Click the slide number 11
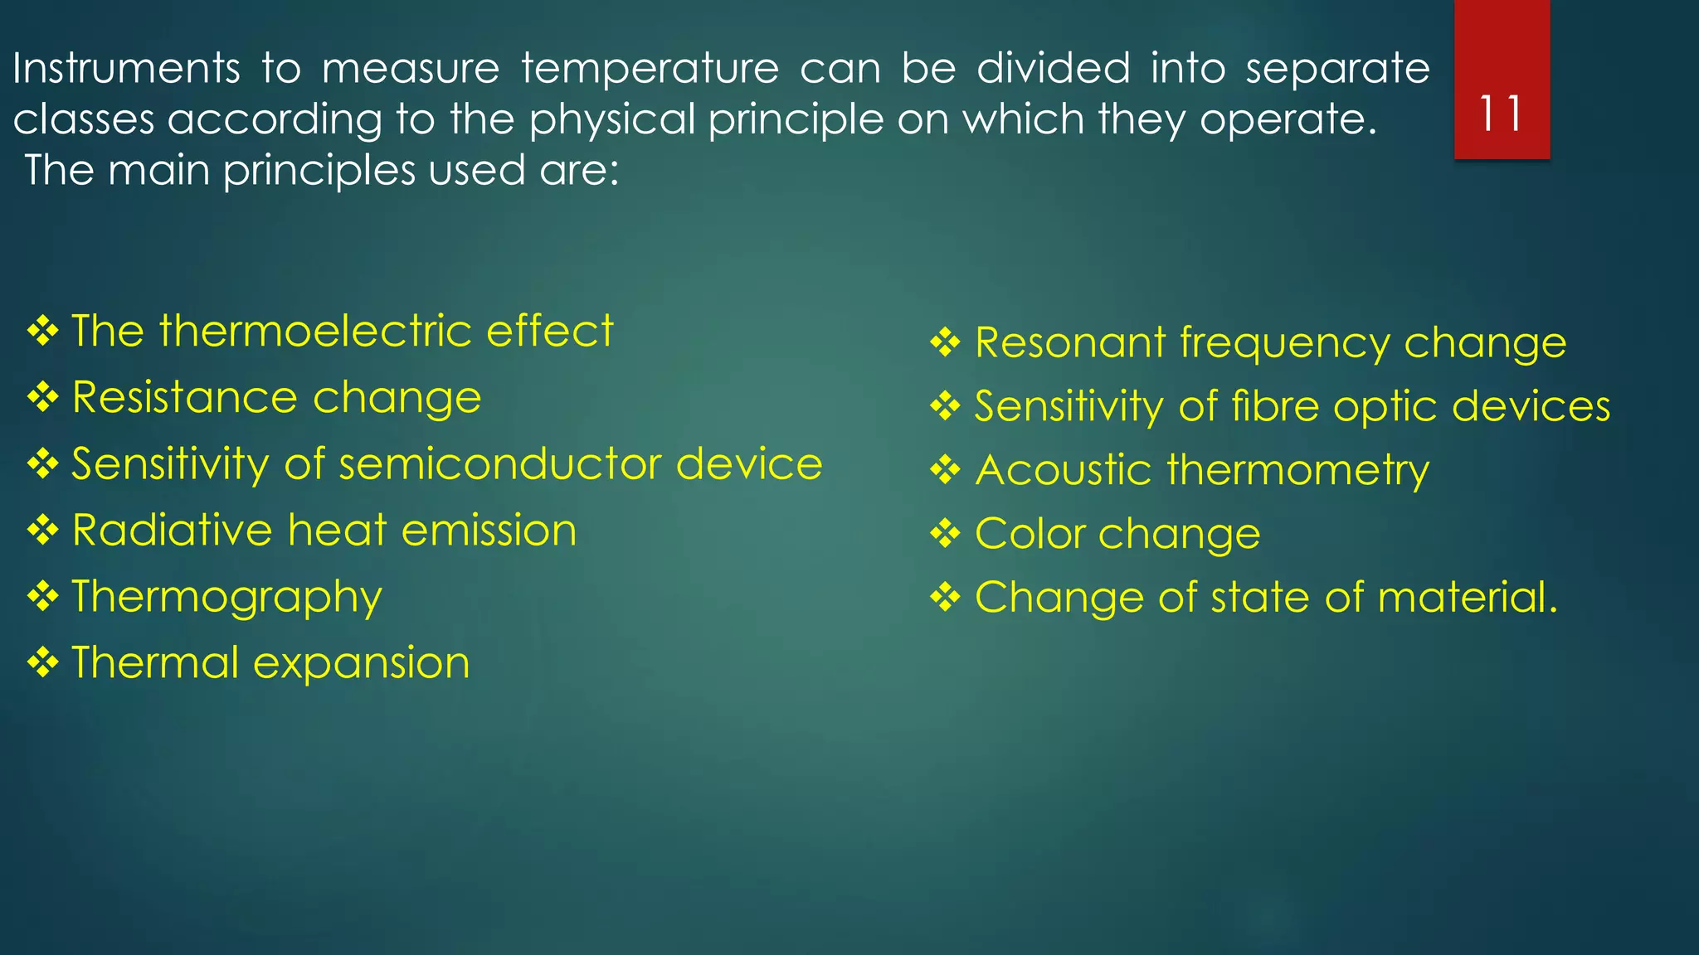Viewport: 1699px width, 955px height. click(x=1501, y=114)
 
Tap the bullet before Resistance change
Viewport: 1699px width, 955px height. click(x=42, y=398)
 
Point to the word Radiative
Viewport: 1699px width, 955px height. click(x=171, y=531)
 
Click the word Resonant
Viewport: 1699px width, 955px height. click(x=1069, y=343)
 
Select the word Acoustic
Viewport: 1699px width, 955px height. click(x=1063, y=471)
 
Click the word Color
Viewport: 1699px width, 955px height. click(x=1029, y=534)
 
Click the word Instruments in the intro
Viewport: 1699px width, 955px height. click(x=126, y=68)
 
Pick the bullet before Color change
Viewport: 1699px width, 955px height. click(x=945, y=534)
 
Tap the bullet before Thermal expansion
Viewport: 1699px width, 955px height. click(x=42, y=663)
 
